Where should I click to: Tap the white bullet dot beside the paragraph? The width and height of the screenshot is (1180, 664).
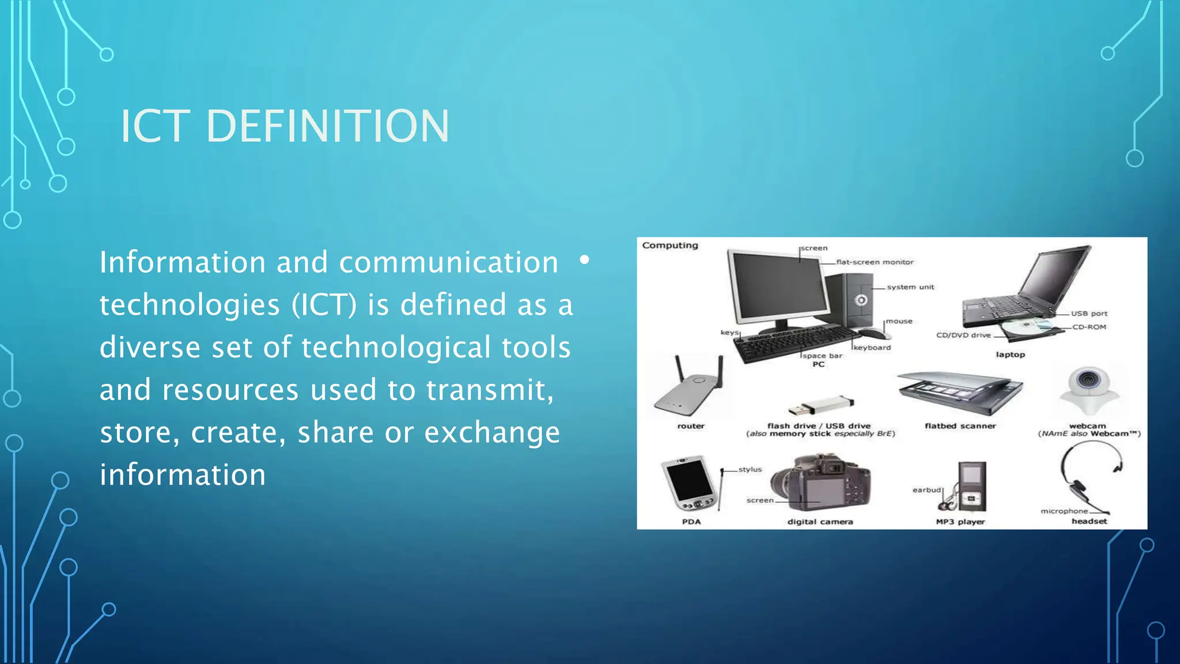[584, 260]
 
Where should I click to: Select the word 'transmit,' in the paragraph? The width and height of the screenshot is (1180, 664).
[490, 390]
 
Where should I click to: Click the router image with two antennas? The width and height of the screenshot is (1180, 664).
[689, 389]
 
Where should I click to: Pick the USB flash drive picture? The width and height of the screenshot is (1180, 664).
[820, 406]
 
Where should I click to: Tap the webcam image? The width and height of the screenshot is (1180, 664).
[1088, 388]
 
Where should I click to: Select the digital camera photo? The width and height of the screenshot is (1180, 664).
[820, 484]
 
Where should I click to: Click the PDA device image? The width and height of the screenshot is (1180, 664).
[689, 484]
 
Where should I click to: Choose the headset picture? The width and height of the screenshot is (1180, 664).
[1089, 476]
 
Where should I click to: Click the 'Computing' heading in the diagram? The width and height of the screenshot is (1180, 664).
[670, 246]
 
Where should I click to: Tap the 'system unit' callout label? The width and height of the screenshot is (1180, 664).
[910, 287]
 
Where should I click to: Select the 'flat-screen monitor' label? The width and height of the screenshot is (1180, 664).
[875, 262]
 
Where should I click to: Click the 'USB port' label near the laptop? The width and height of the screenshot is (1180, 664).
[1089, 314]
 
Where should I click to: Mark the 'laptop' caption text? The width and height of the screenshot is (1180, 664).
[1010, 354]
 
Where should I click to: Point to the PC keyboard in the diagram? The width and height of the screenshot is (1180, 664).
[795, 342]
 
